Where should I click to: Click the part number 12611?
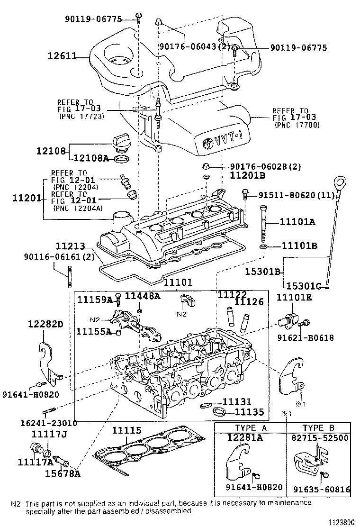click(x=62, y=56)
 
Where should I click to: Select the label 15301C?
click(x=303, y=286)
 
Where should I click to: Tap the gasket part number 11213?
click(x=70, y=246)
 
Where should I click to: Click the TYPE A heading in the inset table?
click(x=251, y=427)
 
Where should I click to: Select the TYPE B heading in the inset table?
click(x=319, y=427)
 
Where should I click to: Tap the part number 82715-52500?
click(x=320, y=438)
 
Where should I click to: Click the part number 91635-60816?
click(x=320, y=490)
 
